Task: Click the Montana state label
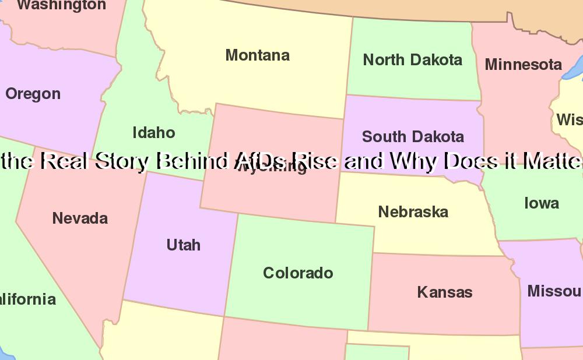257,55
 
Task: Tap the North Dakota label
412,59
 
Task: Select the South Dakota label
413,137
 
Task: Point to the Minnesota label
523,64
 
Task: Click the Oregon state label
33,94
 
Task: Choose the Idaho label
154,133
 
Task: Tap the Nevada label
80,218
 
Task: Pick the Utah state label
184,245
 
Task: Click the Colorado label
298,273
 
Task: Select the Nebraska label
413,212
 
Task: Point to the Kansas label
445,292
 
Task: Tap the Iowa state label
541,203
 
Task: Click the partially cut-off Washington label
61,5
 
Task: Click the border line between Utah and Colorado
231,262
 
